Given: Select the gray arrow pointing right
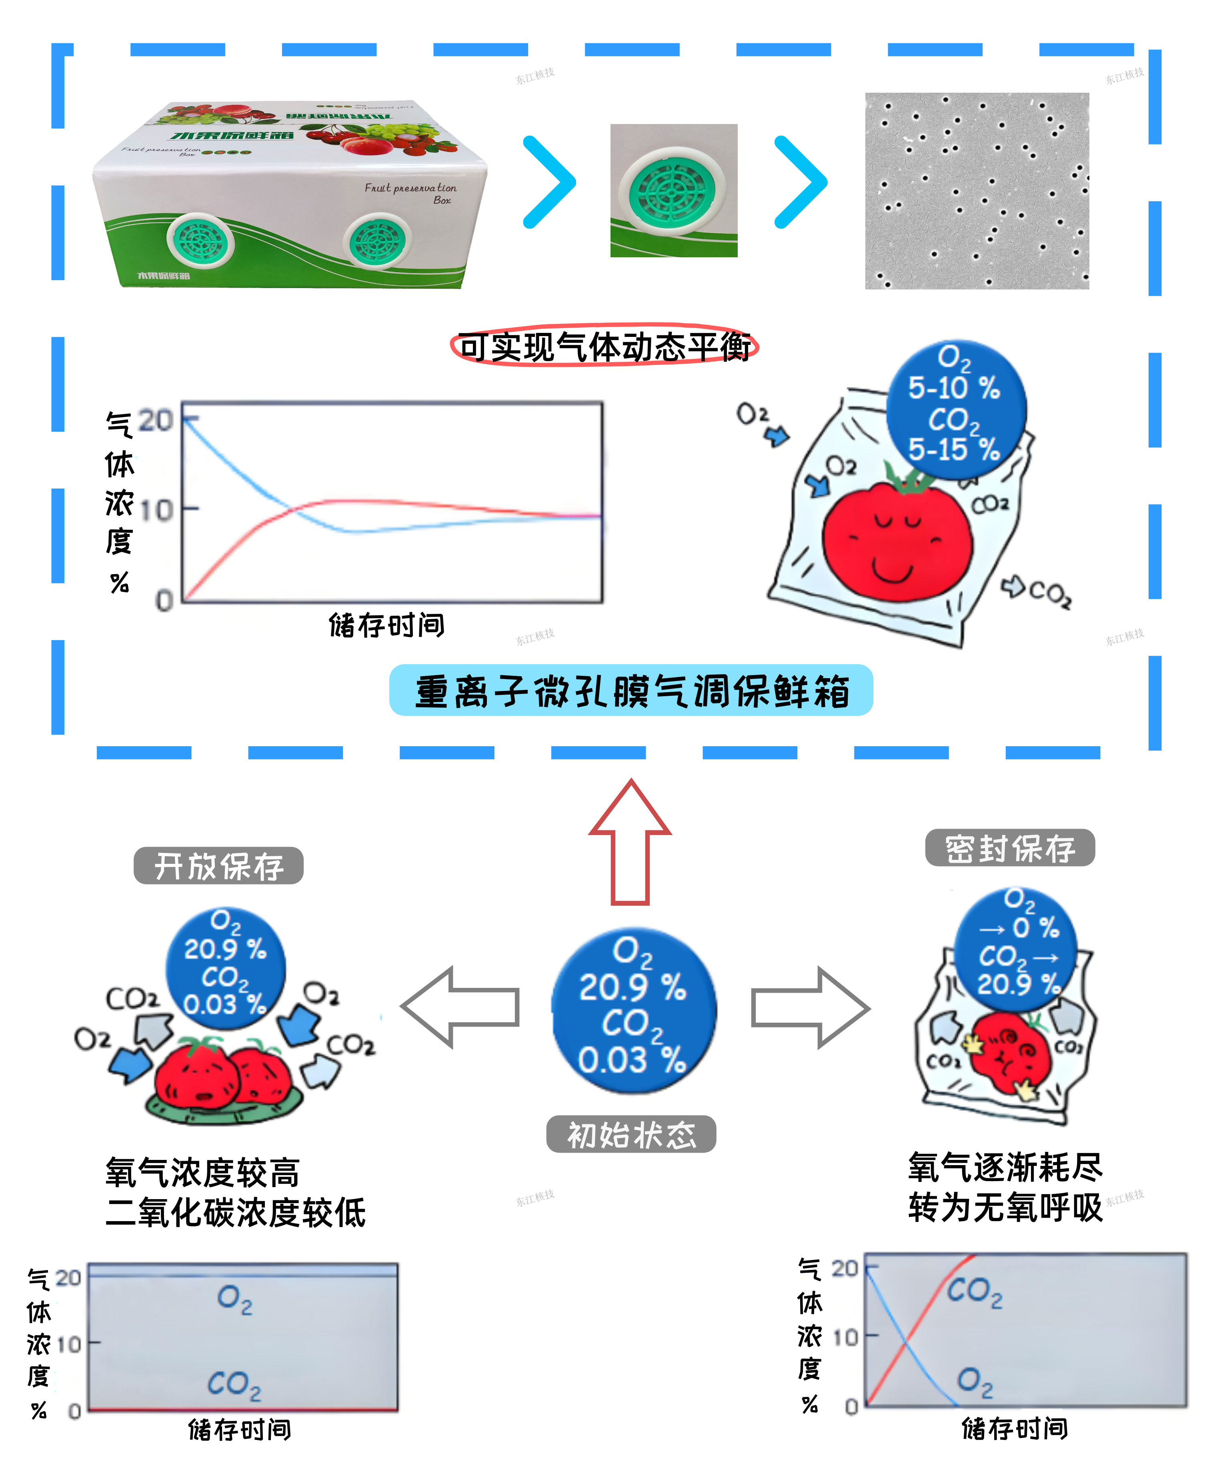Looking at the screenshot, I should [x=810, y=1007].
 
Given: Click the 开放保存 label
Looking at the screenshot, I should [x=218, y=866].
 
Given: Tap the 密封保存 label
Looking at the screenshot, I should [x=1009, y=848].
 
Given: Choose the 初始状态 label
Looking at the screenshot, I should [x=631, y=1134].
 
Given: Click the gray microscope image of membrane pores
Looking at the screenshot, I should [x=977, y=190].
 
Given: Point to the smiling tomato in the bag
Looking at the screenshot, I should [x=897, y=541].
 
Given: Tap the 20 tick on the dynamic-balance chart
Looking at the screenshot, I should [x=155, y=421].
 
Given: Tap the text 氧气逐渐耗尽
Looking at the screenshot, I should [x=1005, y=1167].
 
